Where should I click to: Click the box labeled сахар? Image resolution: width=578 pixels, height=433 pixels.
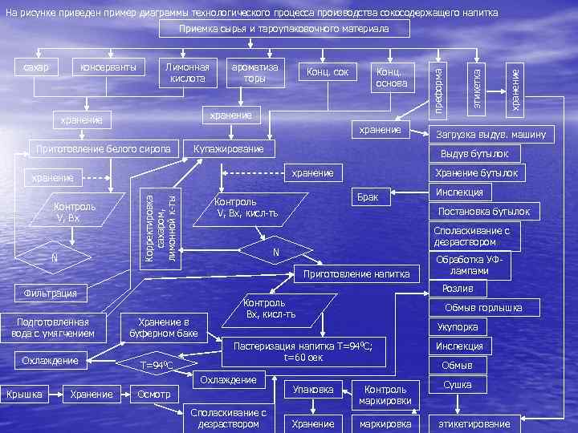coord(36,67)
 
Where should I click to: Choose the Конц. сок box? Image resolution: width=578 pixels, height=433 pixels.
coord(328,73)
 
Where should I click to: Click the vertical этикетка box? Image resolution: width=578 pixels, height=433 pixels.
coord(478,79)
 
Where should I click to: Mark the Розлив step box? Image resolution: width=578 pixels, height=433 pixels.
coord(458,288)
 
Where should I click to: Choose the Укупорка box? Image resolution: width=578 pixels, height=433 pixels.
coord(458,327)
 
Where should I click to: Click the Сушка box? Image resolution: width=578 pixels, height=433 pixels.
coord(458,386)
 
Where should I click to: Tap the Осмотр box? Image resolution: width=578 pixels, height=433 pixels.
coord(154,394)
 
